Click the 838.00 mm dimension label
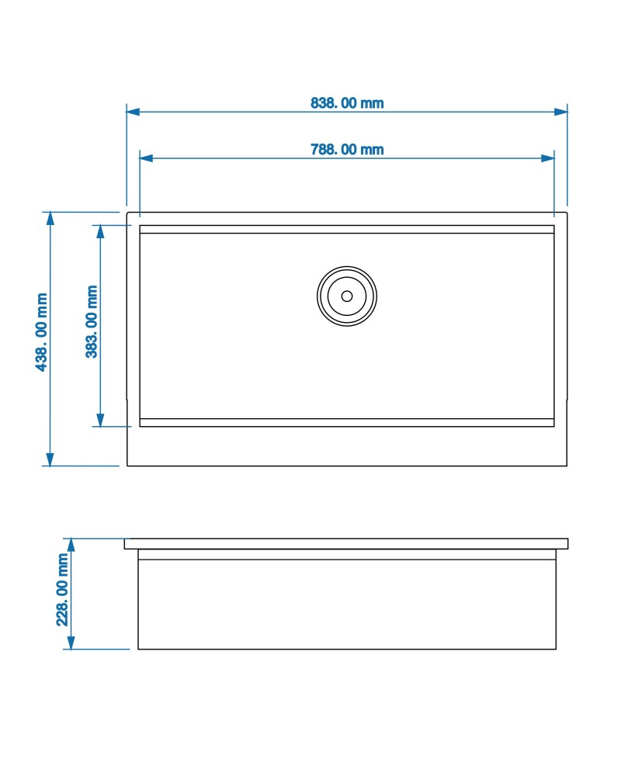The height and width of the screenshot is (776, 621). pyautogui.click(x=347, y=103)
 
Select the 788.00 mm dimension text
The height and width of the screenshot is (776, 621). pyautogui.click(x=347, y=150)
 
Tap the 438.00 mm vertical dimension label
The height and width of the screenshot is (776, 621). pyautogui.click(x=42, y=332)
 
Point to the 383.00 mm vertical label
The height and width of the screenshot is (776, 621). pyautogui.click(x=92, y=322)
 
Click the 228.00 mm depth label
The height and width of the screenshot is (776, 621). pyautogui.click(x=62, y=590)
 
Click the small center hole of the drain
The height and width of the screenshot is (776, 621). pyautogui.click(x=347, y=296)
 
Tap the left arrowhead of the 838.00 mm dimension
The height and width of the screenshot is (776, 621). pyautogui.click(x=133, y=112)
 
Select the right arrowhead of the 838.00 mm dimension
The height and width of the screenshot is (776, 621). pyautogui.click(x=561, y=112)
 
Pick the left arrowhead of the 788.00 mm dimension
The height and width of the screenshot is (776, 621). pyautogui.click(x=146, y=158)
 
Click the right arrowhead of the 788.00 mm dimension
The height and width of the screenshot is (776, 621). pyautogui.click(x=548, y=158)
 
